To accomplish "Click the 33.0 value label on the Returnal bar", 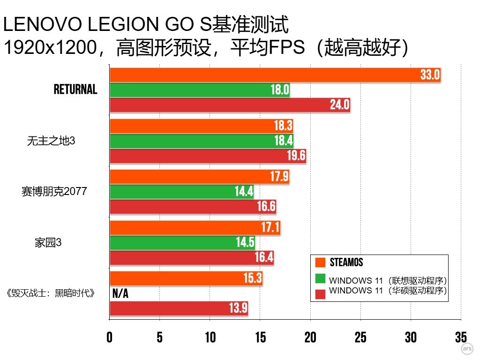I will coord(430,75).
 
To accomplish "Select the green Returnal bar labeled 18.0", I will coord(199,90).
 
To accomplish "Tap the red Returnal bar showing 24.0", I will coord(230,105).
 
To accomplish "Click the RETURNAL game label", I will coord(75,90).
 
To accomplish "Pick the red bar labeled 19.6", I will coord(208,156).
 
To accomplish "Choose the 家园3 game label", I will coord(48,243).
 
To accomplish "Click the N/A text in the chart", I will coord(120,294).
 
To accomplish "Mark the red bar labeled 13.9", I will coord(179,308).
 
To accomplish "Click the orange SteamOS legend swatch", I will coord(321,262).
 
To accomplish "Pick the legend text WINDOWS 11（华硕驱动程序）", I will coord(388,291).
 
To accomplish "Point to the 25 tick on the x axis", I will coord(360,337).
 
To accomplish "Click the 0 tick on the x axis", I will coord(110,337).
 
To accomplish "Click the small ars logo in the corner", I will coord(466,349).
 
